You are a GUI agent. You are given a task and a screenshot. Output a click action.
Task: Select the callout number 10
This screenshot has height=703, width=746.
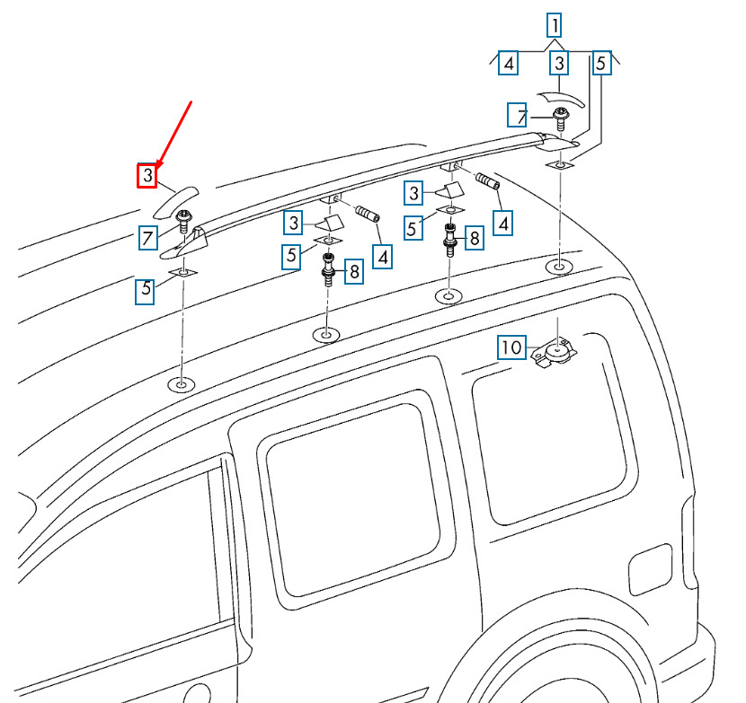point(511,347)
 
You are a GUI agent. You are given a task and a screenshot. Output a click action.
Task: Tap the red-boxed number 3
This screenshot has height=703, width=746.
point(148,175)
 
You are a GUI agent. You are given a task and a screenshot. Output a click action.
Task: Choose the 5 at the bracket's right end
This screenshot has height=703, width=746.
point(602,62)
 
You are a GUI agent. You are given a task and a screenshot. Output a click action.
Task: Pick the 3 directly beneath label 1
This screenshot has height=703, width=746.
point(560,64)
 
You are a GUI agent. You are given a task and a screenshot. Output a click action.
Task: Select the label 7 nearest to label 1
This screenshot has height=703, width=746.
point(520,116)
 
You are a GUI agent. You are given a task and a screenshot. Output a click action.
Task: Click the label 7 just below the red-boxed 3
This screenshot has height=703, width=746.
point(149,238)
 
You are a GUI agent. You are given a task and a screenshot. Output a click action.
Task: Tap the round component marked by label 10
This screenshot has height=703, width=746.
point(556,352)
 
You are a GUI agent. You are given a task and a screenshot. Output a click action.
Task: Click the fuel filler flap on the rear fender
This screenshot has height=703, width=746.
point(651,568)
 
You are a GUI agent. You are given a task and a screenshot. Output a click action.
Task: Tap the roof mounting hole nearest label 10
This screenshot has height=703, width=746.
point(558,268)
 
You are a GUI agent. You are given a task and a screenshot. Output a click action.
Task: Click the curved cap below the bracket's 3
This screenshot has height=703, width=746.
point(563,98)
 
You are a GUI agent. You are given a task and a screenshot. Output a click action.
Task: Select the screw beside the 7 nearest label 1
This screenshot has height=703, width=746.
point(560,116)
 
